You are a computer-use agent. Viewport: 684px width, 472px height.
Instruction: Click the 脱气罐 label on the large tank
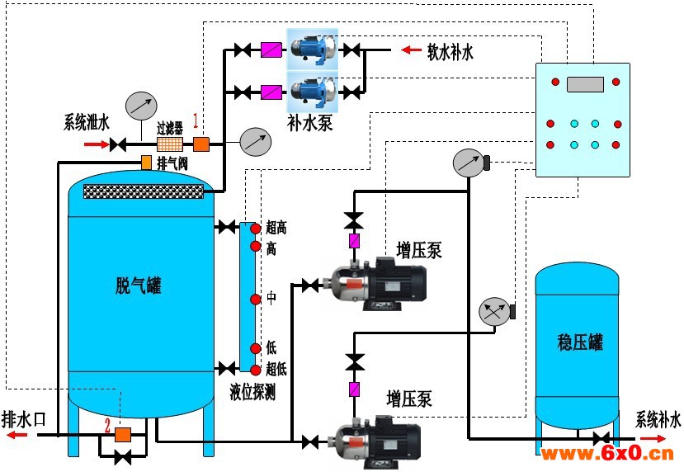[x=139, y=286]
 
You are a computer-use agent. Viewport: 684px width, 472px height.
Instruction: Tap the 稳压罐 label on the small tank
[x=580, y=342]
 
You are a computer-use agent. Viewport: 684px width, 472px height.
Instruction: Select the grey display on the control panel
[x=586, y=84]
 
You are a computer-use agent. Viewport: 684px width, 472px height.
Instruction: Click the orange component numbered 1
[x=201, y=144]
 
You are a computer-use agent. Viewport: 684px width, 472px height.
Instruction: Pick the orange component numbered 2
[x=123, y=435]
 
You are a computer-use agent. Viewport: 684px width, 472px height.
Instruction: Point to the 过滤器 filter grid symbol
[x=170, y=144]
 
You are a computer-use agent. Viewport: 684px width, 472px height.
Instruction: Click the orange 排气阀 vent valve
[x=146, y=163]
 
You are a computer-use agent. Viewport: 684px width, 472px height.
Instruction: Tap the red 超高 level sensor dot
[x=256, y=228]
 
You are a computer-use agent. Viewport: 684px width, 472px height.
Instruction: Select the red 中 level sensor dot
[x=256, y=300]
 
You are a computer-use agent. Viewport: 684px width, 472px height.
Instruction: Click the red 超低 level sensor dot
[x=256, y=370]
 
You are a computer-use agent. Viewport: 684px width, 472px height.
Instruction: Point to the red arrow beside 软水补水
[x=411, y=50]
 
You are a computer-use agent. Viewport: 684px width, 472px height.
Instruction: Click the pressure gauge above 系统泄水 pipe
[x=141, y=106]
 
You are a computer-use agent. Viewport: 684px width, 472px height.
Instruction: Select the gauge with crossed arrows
[x=495, y=312]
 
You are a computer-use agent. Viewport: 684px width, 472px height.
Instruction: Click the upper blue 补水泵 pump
[x=313, y=49]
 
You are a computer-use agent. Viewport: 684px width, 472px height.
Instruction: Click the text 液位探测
[x=252, y=393]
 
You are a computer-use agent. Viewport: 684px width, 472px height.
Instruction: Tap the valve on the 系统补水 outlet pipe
[x=601, y=438]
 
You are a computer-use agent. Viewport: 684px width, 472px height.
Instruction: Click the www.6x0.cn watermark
[x=606, y=454]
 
